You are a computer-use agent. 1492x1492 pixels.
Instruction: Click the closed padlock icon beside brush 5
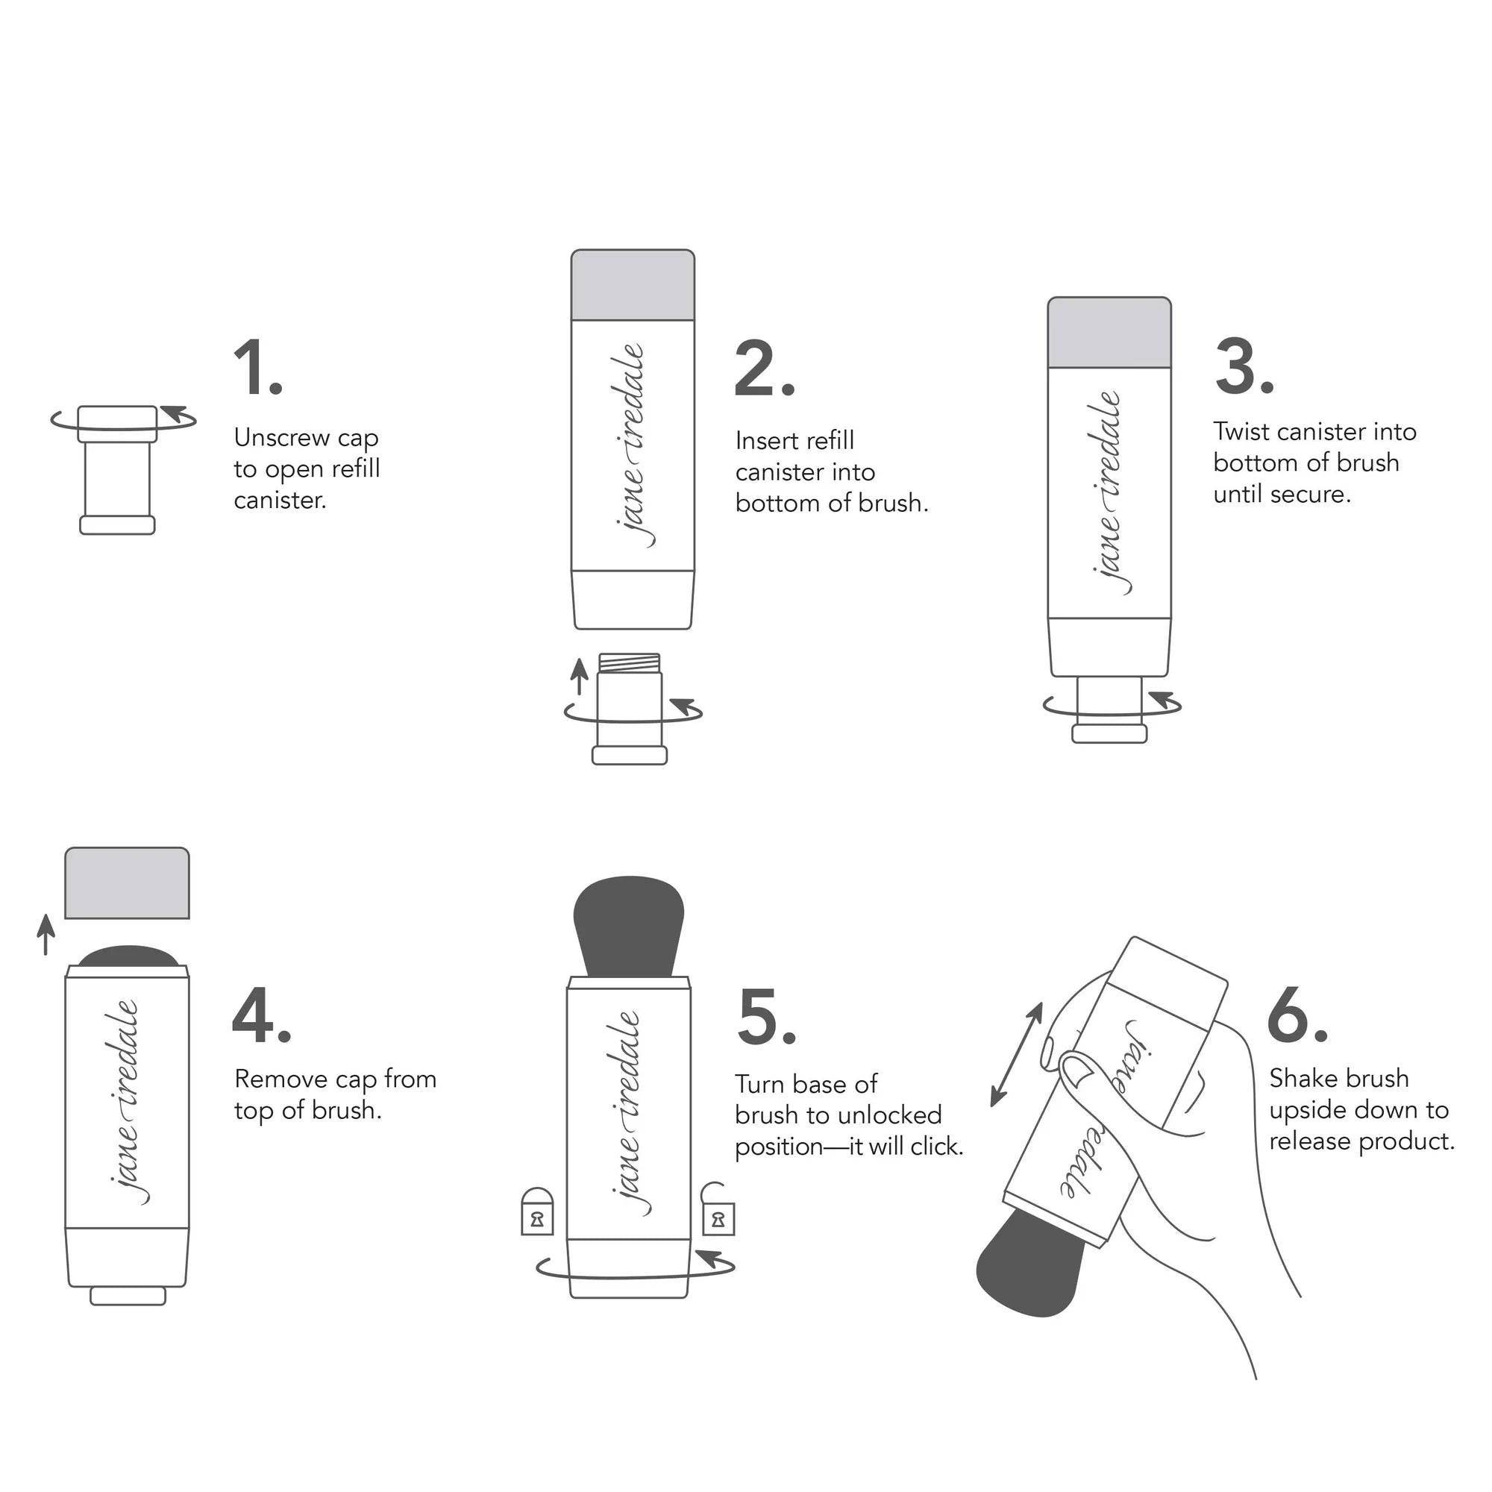tap(537, 1212)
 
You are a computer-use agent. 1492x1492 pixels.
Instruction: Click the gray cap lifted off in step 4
tap(127, 883)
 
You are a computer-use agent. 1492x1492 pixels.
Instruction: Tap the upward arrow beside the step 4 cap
tap(46, 935)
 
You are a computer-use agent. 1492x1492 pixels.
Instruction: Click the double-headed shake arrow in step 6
tap(1016, 1054)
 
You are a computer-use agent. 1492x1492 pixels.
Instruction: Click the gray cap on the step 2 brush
tap(633, 284)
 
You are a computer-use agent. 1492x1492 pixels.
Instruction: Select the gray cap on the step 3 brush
tap(1109, 332)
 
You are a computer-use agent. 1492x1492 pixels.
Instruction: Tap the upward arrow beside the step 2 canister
tap(578, 676)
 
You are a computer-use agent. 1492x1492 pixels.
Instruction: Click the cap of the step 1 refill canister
tap(117, 423)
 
